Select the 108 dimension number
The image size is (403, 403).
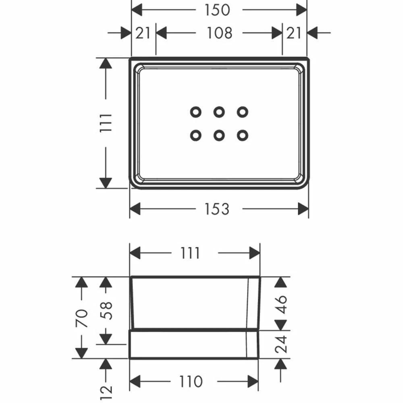(220, 33)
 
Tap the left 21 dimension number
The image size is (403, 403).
(143, 33)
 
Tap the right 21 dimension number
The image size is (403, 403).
(294, 33)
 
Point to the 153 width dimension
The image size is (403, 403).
(217, 209)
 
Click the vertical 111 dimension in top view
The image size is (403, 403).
(106, 123)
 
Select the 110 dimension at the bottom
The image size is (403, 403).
(191, 381)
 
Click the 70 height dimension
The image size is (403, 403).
(82, 318)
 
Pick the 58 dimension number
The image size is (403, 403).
(106, 310)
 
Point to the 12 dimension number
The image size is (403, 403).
(106, 390)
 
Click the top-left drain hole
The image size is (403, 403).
(196, 112)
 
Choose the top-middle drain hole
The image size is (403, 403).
(219, 112)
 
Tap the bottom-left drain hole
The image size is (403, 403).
(196, 136)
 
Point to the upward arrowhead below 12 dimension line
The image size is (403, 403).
(106, 364)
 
